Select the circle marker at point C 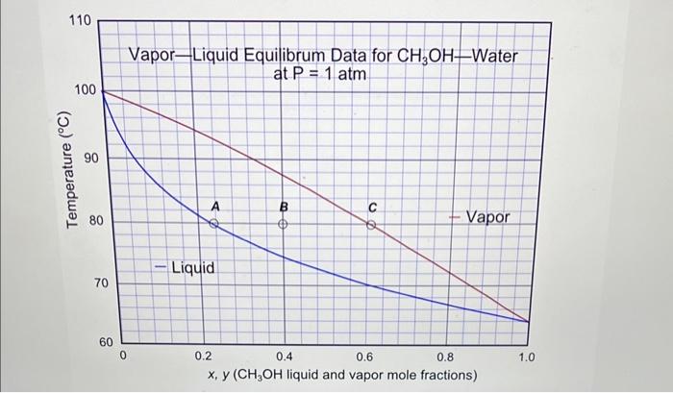tap(370, 226)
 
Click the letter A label tap(215, 206)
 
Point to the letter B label tap(284, 207)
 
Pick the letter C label tap(371, 208)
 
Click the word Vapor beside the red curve tap(488, 218)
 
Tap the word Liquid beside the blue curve tap(192, 266)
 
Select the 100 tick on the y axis tap(85, 89)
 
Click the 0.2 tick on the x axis tap(202, 356)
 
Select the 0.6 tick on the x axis tap(365, 357)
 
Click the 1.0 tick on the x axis tap(528, 357)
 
